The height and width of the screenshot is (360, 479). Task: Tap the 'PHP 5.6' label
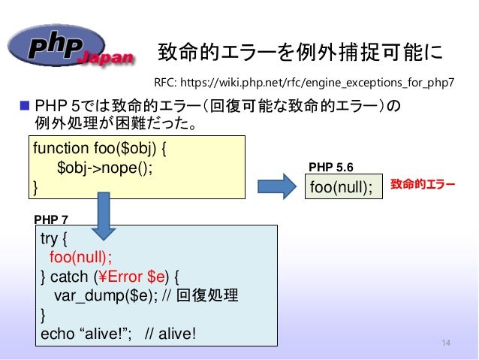coord(331,168)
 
